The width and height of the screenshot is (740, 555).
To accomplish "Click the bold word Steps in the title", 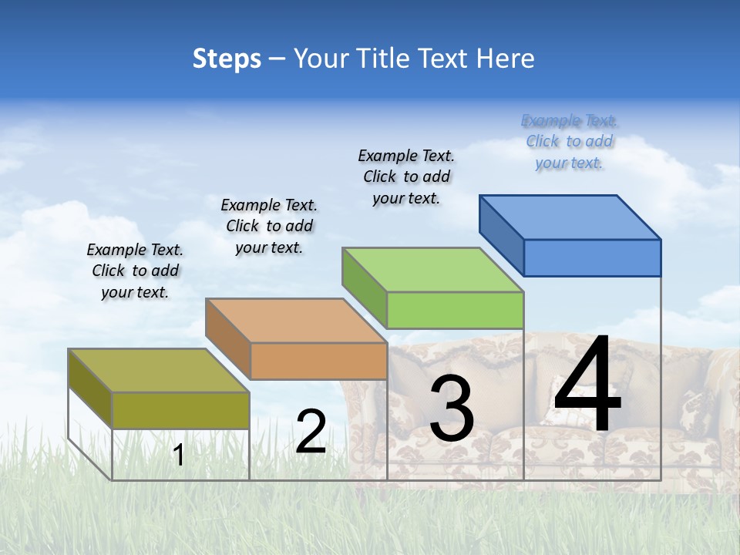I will (227, 59).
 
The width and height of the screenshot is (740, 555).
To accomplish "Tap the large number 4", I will (587, 385).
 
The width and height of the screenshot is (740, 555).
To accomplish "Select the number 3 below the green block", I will (452, 409).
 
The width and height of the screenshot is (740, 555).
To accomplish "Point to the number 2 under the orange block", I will (311, 432).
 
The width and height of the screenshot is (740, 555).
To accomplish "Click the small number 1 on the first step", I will (178, 456).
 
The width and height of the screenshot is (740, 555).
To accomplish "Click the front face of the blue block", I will (592, 257).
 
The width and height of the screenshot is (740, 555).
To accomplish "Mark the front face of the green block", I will (455, 310).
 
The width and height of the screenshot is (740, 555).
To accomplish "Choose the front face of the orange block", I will (318, 361).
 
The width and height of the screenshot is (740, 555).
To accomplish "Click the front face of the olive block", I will (180, 410).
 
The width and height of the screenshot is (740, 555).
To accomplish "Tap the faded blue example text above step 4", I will (569, 141).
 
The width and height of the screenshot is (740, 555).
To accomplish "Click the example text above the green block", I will (406, 177).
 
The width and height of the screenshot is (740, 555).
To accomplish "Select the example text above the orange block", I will (269, 226).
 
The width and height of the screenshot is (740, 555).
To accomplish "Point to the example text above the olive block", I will (135, 271).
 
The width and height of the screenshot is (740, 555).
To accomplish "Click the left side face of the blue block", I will (501, 234).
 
